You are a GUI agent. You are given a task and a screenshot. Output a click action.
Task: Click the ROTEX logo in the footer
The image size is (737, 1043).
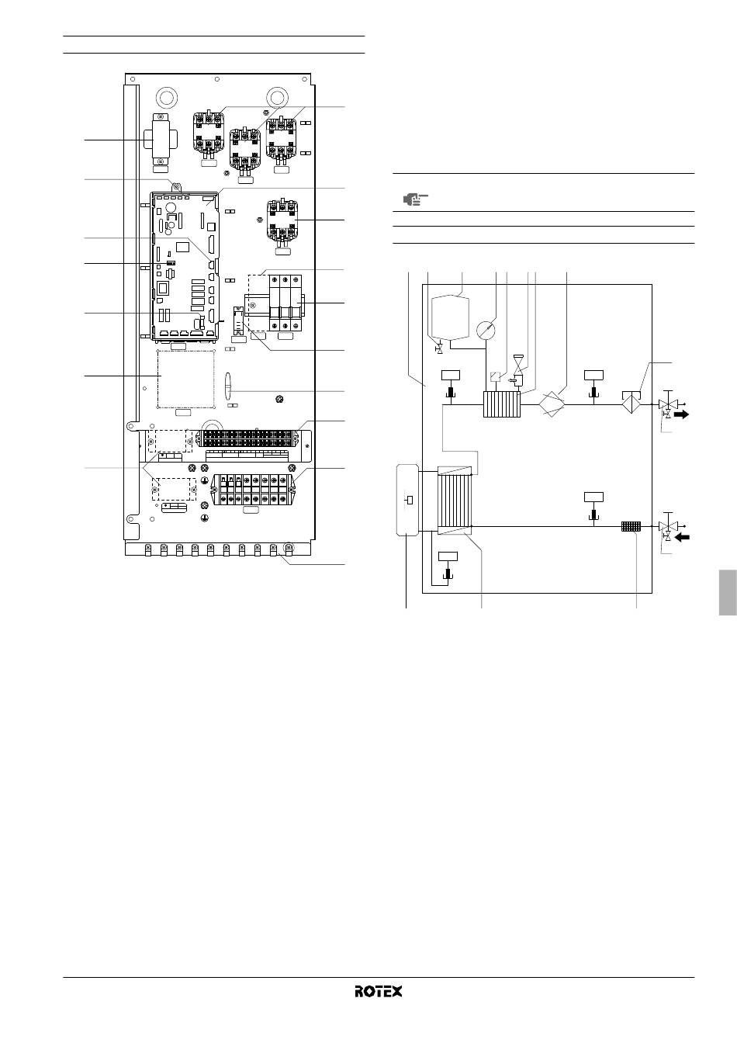(379, 1003)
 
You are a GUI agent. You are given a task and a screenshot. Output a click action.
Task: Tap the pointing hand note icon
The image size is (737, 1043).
(415, 199)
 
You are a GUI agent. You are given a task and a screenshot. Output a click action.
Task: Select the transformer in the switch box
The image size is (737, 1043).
(161, 140)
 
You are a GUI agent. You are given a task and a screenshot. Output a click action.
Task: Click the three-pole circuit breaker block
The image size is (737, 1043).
(285, 303)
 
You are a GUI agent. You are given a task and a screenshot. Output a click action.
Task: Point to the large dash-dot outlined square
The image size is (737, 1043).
(185, 379)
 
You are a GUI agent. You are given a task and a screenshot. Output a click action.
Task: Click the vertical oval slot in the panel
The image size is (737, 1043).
(228, 386)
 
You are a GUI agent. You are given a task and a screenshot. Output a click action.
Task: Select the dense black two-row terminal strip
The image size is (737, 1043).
(247, 438)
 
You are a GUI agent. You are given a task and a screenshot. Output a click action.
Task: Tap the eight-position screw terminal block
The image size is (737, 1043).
(253, 490)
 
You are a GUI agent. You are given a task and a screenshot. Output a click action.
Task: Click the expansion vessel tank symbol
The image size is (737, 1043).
(450, 317)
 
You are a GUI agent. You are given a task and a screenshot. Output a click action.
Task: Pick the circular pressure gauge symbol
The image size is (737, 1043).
(486, 330)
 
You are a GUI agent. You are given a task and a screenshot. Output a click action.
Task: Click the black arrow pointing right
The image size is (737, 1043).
(682, 414)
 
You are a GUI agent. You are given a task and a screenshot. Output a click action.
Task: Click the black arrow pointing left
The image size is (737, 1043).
(682, 537)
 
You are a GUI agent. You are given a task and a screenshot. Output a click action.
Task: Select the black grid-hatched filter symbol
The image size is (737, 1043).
(631, 527)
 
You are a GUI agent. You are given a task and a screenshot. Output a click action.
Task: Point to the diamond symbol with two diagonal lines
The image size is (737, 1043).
(552, 404)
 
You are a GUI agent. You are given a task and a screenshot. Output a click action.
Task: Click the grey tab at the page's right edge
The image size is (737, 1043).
(728, 592)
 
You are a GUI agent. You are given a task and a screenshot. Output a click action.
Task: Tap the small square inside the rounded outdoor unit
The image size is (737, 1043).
(410, 500)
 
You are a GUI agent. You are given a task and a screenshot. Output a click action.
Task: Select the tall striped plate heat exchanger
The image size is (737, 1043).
(455, 501)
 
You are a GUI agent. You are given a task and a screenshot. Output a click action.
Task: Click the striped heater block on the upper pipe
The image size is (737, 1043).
(501, 404)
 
